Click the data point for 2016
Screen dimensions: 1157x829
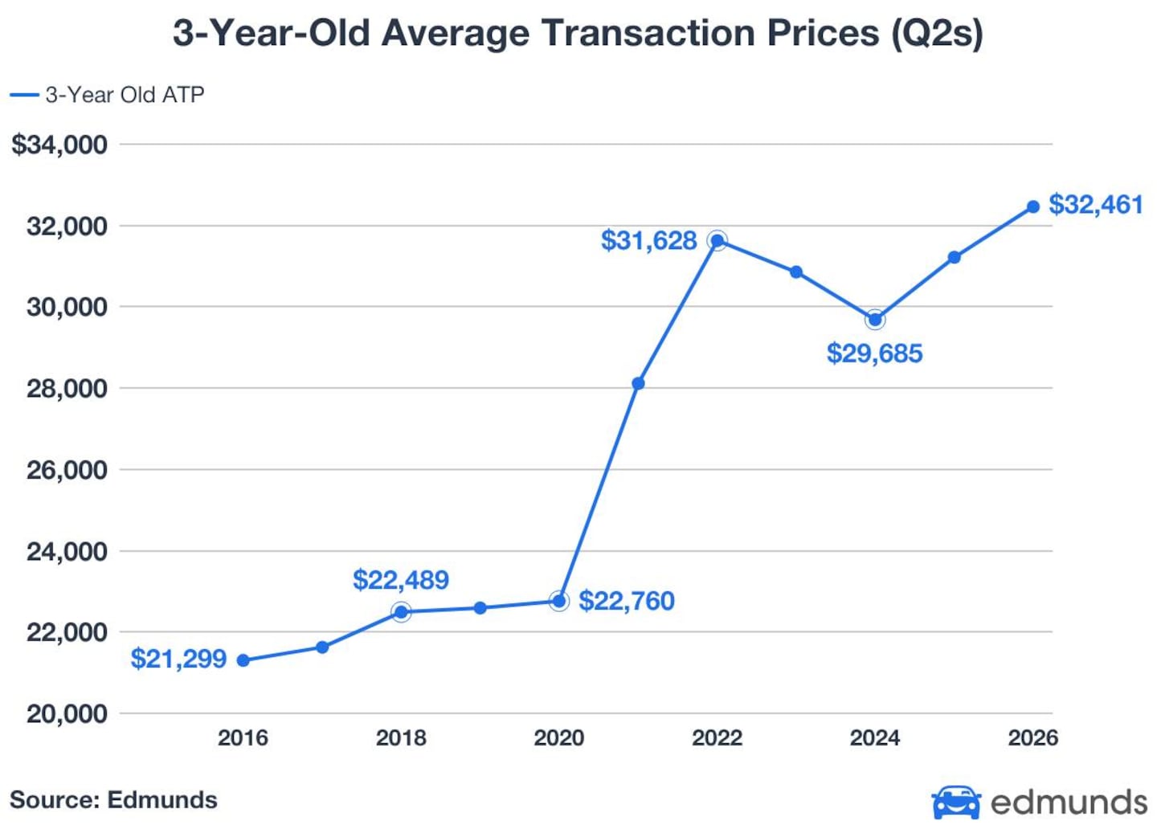(x=243, y=660)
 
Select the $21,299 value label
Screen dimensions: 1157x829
(x=178, y=659)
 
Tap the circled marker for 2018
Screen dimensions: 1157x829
(x=402, y=612)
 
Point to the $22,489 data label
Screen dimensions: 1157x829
(x=401, y=579)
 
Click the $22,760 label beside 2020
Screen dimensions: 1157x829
(x=627, y=601)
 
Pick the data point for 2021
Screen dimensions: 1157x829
(x=639, y=383)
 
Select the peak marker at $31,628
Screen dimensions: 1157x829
(x=718, y=240)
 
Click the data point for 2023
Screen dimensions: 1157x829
(x=796, y=272)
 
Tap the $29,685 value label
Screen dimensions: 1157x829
(x=874, y=353)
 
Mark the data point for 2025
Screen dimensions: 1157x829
(x=955, y=257)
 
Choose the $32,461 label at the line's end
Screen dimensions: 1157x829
(x=1096, y=205)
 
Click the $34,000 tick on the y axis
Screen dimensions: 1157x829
(x=59, y=145)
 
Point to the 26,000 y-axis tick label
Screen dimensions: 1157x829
(x=67, y=470)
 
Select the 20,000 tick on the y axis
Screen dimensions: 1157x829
(x=67, y=714)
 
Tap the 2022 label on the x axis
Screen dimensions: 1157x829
(x=718, y=738)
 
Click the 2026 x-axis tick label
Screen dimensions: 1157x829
(x=1033, y=738)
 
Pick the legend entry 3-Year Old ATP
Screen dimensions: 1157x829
(x=108, y=95)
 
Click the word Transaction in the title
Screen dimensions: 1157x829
(x=649, y=33)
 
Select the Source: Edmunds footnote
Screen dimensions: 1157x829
(x=113, y=800)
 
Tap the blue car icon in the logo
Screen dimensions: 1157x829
(x=957, y=802)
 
